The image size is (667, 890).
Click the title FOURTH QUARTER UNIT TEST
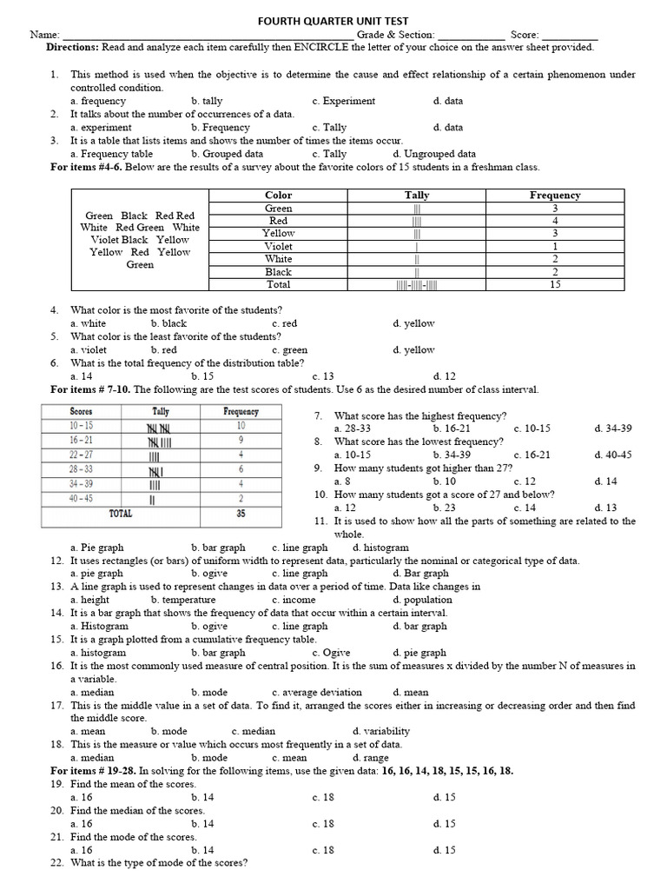tap(333, 20)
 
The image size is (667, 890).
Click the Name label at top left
tap(45, 34)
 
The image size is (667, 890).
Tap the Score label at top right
tap(525, 34)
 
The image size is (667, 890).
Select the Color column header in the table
tap(279, 196)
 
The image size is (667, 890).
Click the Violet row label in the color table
tap(279, 246)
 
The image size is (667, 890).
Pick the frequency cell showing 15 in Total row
tap(555, 284)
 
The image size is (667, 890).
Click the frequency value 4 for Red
tap(555, 221)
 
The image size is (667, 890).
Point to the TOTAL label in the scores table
tap(120, 514)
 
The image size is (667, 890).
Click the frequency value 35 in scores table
tap(241, 514)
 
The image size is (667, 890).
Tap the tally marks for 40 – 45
tap(153, 500)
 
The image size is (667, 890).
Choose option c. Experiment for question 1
tap(344, 101)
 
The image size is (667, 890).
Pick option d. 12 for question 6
tap(444, 376)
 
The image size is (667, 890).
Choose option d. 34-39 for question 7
tap(613, 428)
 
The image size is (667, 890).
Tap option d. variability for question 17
tap(381, 731)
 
